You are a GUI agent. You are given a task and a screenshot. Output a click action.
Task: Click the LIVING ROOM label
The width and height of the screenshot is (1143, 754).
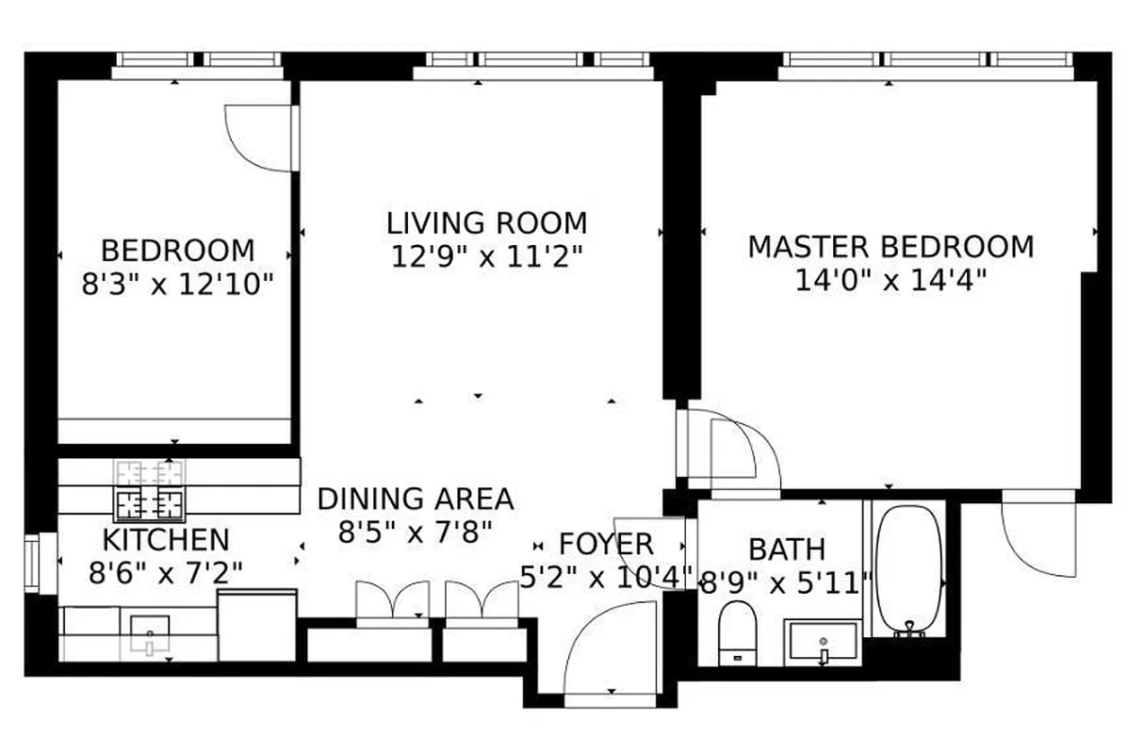486,223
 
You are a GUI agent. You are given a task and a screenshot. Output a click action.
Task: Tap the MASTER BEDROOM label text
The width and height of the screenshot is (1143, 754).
890,247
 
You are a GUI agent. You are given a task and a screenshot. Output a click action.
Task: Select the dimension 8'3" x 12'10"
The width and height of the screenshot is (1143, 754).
177,284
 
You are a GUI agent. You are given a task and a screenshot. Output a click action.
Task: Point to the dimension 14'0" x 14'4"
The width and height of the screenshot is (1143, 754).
890,281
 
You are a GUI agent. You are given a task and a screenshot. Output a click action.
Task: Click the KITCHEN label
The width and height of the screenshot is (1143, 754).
165,540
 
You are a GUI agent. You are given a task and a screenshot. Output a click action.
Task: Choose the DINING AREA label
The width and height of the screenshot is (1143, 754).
415,499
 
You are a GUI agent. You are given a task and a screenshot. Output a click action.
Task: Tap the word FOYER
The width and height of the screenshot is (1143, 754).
606,544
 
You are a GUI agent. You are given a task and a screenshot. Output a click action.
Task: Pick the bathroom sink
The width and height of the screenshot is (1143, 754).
823,643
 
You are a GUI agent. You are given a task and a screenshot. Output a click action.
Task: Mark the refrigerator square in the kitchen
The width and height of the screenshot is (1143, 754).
257,626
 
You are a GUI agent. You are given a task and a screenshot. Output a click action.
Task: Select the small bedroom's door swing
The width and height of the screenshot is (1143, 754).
259,137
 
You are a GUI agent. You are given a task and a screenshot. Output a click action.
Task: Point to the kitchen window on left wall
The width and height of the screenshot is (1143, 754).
34,564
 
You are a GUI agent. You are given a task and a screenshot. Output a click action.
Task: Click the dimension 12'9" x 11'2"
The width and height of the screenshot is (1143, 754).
486,256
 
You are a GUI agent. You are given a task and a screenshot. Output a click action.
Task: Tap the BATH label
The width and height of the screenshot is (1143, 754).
786,549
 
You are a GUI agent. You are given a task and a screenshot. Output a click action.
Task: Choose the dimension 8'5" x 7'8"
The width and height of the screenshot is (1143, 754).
415,533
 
